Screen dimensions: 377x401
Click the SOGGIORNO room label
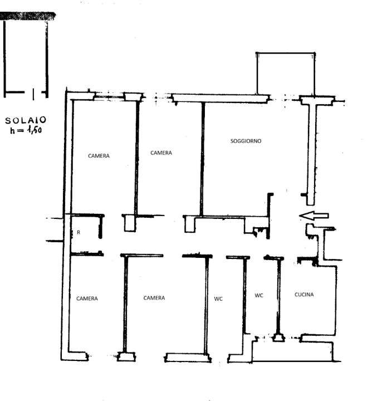[246, 141]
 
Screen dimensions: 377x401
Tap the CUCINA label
[304, 295]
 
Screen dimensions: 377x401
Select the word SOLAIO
[26, 120]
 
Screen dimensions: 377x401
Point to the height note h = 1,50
[26, 130]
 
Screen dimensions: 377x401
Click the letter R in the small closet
[79, 232]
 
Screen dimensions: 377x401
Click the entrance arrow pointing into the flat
[314, 216]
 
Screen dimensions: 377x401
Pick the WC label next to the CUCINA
[259, 296]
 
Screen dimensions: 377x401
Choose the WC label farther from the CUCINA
[218, 299]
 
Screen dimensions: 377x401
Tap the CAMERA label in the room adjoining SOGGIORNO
[161, 153]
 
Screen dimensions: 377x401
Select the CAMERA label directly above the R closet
[99, 156]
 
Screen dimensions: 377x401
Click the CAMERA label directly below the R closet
[87, 299]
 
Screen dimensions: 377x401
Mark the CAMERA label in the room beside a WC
[154, 298]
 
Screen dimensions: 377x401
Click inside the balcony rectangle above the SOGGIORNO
[286, 74]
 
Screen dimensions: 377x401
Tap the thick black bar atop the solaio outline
[28, 16]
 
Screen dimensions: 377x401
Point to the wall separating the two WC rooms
[245, 295]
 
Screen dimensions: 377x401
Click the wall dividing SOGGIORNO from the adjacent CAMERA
[203, 159]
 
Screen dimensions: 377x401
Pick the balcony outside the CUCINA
[292, 351]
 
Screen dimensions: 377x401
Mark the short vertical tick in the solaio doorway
[33, 94]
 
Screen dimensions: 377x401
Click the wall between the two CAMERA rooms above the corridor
[137, 158]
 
